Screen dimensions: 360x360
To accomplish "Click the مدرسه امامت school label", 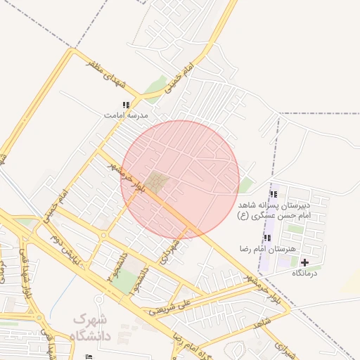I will click(127, 114).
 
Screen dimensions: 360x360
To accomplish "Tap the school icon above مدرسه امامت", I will click(127, 105).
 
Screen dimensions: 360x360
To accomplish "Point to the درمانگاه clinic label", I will click(304, 273).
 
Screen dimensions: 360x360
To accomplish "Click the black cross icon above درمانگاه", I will click(304, 262).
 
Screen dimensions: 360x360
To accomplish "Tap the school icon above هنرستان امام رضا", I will click(267, 238).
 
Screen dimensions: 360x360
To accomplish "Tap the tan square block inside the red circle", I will click(157, 182).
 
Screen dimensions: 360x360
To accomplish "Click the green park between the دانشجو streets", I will click(127, 281).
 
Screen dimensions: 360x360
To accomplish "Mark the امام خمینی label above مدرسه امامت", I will click(178, 79).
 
